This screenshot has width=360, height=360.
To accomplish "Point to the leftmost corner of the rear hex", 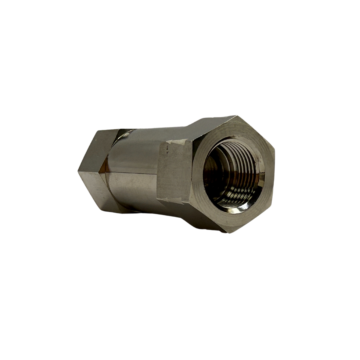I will tap(79, 172).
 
